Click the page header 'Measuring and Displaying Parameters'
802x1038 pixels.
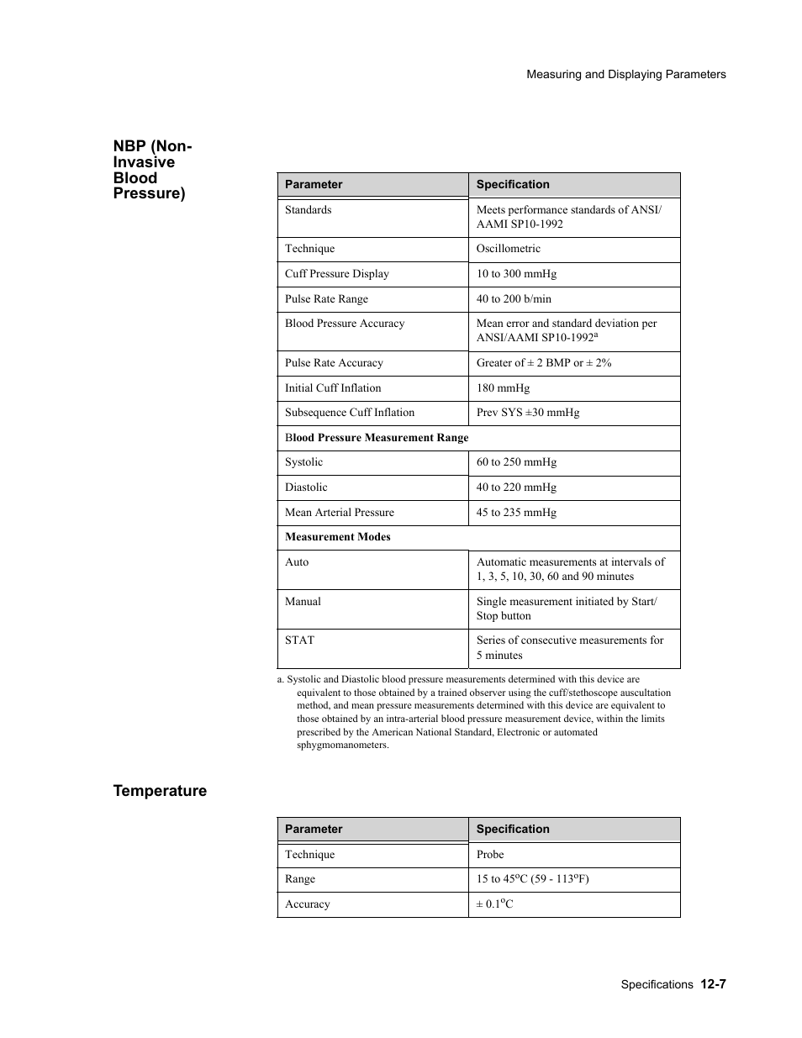coord(625,74)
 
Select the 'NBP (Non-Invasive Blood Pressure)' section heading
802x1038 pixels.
coord(152,170)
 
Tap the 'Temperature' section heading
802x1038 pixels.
coord(160,790)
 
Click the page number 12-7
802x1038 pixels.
coord(711,983)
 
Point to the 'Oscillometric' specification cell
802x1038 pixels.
coord(508,249)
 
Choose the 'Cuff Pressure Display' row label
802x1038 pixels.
coord(336,274)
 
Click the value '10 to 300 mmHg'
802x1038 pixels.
coord(516,274)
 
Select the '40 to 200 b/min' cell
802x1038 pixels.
coord(514,299)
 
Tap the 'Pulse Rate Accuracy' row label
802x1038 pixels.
coord(334,363)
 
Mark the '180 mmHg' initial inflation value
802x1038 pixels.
coord(503,388)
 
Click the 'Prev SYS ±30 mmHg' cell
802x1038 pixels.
coord(527,413)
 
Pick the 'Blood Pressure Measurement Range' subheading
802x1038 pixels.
coord(377,438)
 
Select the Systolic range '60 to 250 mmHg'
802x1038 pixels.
coord(516,462)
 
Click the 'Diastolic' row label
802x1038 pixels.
coord(306,487)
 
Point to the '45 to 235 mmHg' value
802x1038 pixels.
coord(516,513)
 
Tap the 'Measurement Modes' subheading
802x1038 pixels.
coord(337,537)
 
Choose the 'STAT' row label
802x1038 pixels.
coord(299,640)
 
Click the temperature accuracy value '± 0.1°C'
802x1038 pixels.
coord(494,904)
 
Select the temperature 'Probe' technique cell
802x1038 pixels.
coord(490,855)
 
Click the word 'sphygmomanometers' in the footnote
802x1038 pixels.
coord(342,745)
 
